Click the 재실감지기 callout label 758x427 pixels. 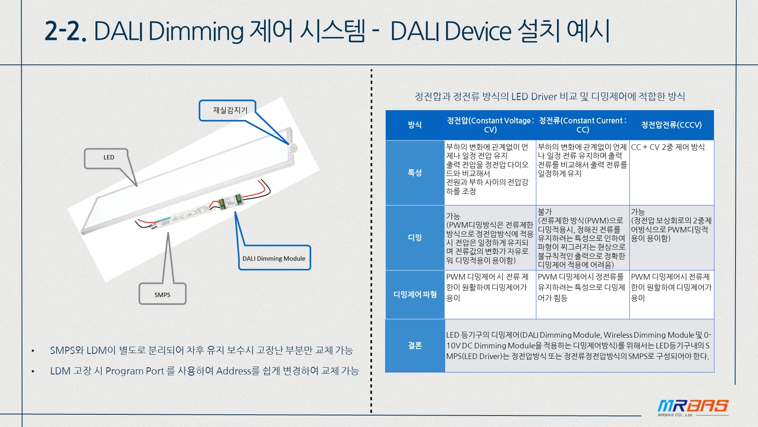click(x=230, y=110)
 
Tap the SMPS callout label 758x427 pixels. click(x=162, y=295)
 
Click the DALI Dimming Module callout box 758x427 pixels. click(x=274, y=259)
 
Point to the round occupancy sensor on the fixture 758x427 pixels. click(x=293, y=148)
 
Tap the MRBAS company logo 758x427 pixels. click(x=693, y=407)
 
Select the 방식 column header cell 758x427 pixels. click(x=415, y=125)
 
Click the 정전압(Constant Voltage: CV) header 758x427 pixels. click(x=490, y=125)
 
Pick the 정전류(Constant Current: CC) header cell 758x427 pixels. click(x=583, y=125)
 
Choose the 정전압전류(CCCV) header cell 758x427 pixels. click(x=672, y=125)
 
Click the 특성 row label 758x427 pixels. click(x=415, y=173)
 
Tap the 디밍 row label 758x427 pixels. click(x=415, y=238)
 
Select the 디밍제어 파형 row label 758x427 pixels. click(x=415, y=295)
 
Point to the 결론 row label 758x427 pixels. click(x=415, y=346)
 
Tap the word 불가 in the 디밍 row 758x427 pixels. click(x=545, y=212)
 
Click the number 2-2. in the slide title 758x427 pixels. click(x=65, y=31)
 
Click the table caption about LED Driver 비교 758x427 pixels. click(x=550, y=97)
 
